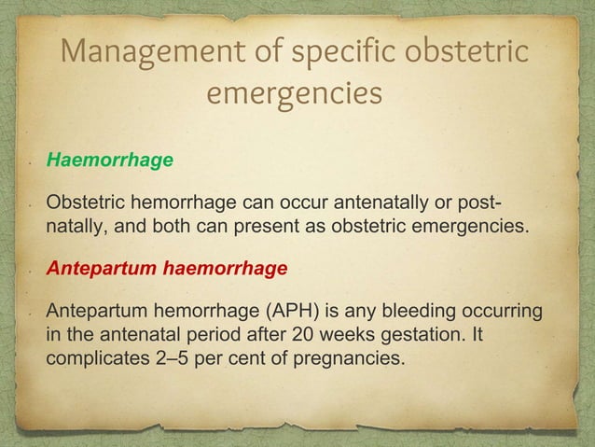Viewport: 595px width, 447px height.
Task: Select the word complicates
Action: click(x=91, y=357)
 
